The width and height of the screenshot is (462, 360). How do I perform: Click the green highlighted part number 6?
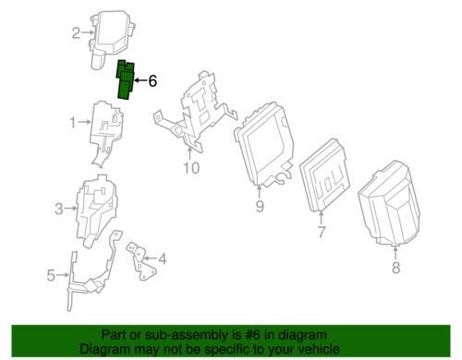pyautogui.click(x=126, y=80)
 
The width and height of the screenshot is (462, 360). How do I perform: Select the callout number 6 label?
pyautogui.click(x=152, y=81)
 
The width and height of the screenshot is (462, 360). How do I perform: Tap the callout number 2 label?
pyautogui.click(x=76, y=33)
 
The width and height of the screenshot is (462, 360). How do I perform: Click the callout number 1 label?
pyautogui.click(x=72, y=123)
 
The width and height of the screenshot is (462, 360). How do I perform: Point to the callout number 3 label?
pyautogui.click(x=59, y=209)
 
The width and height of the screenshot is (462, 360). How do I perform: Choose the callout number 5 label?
pyautogui.click(x=51, y=275)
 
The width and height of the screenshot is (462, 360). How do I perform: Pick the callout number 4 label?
pyautogui.click(x=163, y=258)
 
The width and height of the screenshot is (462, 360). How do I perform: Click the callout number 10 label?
pyautogui.click(x=191, y=168)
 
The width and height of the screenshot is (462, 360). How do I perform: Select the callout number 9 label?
pyautogui.click(x=260, y=206)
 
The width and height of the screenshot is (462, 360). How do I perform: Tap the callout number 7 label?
pyautogui.click(x=322, y=232)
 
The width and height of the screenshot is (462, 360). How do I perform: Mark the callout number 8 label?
pyautogui.click(x=395, y=267)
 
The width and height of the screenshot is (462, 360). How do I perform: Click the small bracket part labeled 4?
pyautogui.click(x=141, y=261)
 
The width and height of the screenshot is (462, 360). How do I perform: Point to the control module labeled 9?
pyautogui.click(x=264, y=145)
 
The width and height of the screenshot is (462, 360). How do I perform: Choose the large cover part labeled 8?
pyautogui.click(x=390, y=203)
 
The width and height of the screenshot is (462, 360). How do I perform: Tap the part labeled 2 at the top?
pyautogui.click(x=112, y=39)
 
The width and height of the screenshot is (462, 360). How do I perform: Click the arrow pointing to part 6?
pyautogui.click(x=141, y=80)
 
